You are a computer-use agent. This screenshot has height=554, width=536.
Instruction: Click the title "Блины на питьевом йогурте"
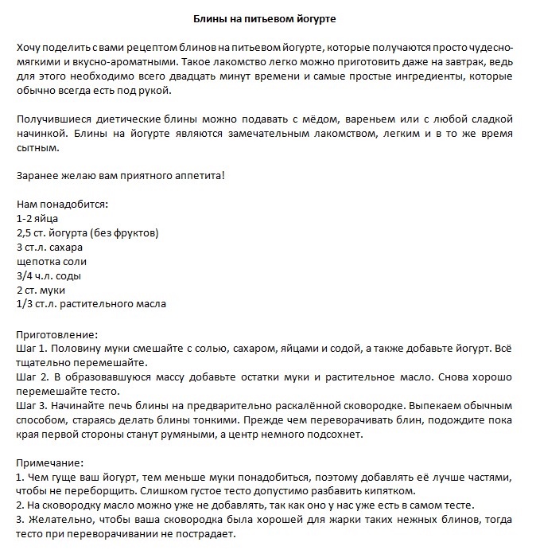pyautogui.click(x=268, y=18)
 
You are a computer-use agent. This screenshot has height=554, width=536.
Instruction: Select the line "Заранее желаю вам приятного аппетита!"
pyautogui.click(x=121, y=174)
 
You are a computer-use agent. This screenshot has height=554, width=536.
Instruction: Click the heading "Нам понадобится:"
pyautogui.click(x=62, y=204)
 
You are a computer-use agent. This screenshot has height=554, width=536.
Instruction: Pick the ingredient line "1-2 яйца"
pyautogui.click(x=37, y=218)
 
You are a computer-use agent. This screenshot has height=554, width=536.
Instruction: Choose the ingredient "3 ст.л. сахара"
pyautogui.click(x=49, y=247)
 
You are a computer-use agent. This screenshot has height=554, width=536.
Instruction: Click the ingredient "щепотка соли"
pyautogui.click(x=51, y=261)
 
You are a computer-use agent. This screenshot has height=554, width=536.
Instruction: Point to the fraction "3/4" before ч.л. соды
pyautogui.click(x=25, y=275)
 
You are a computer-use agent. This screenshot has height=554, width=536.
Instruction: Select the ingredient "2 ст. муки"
pyautogui.click(x=40, y=290)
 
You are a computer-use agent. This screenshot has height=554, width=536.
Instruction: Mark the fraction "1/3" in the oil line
pyautogui.click(x=25, y=304)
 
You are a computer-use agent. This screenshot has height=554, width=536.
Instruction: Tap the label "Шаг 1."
pyautogui.click(x=32, y=349)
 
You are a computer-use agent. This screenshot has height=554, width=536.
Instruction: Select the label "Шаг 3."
pyautogui.click(x=32, y=406)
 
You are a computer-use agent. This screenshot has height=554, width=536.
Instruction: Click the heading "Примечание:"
pyautogui.click(x=50, y=463)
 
